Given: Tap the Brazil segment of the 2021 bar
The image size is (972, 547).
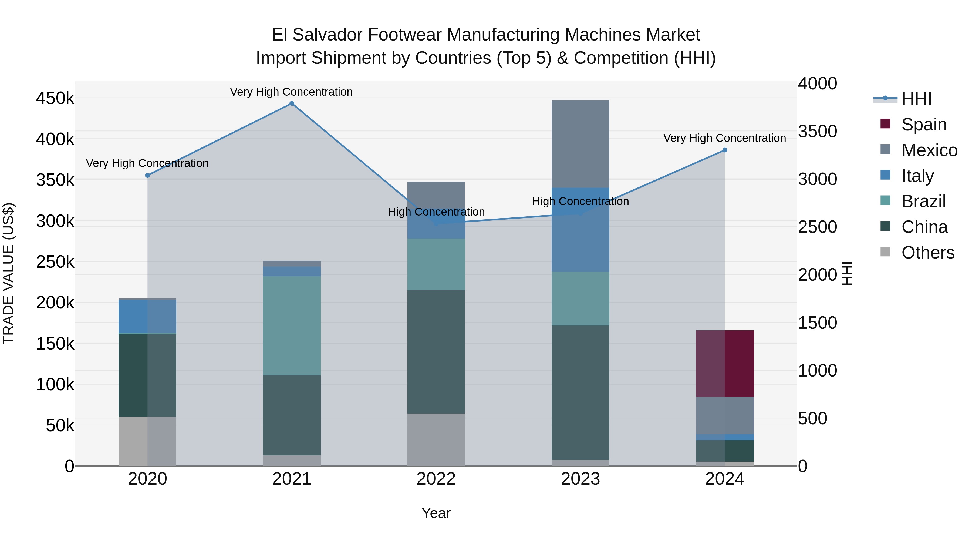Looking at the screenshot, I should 292,326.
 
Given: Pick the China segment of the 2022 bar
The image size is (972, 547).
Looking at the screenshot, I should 436,351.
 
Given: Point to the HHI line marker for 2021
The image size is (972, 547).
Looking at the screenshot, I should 292,103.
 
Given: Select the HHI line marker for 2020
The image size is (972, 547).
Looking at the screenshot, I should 147,176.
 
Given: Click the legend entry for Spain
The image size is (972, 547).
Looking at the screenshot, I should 923,125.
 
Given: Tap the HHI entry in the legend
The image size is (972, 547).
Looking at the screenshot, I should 916,99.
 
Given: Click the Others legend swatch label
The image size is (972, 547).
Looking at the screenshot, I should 927,253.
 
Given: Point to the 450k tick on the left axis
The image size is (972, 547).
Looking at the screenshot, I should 55,99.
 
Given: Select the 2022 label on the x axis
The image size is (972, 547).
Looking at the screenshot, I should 436,479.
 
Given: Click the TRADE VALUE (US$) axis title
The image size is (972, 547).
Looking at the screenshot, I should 8,274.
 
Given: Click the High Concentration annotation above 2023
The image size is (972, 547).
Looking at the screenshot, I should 580,201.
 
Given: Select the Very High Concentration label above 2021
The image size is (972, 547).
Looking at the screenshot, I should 291,92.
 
